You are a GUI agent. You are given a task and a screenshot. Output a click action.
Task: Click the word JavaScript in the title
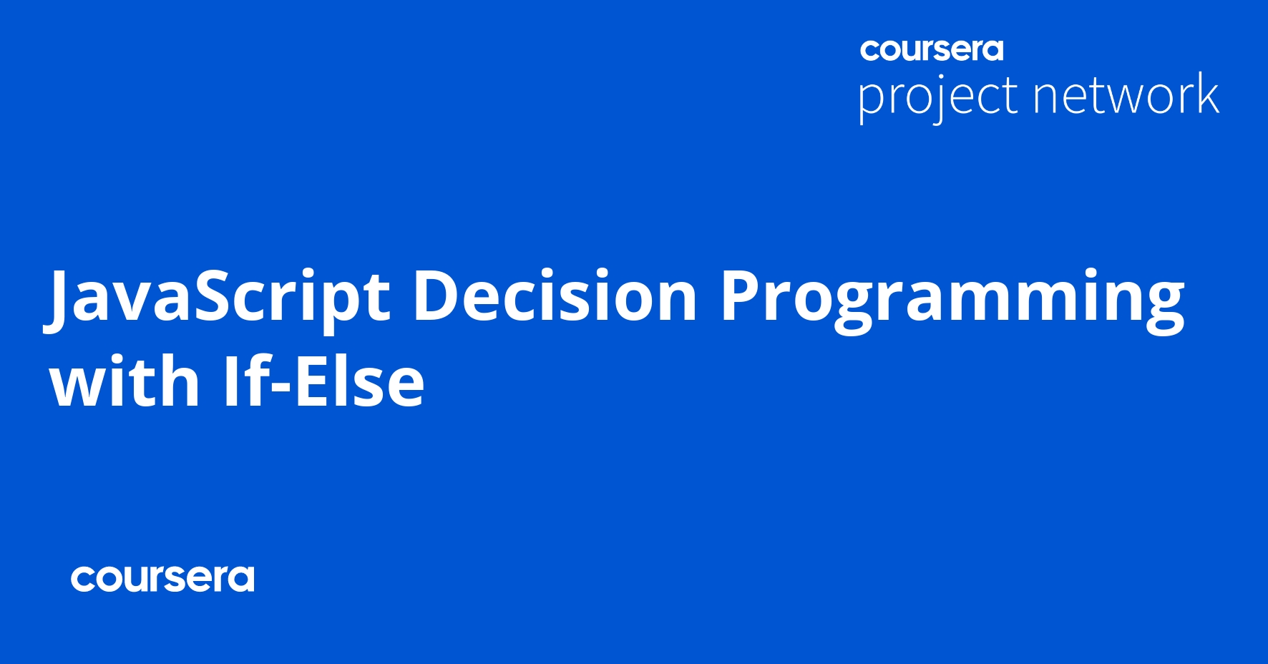tap(218, 298)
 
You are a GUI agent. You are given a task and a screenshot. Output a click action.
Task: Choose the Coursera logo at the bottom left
tap(162, 579)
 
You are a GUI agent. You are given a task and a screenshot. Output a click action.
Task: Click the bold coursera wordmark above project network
tap(932, 49)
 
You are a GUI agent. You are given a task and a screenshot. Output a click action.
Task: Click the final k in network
tap(1206, 94)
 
